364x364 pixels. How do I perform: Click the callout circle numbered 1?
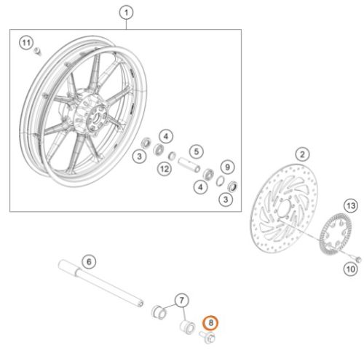[126, 12]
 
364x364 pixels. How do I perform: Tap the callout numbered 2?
[302, 154]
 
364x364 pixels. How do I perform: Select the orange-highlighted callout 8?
[210, 323]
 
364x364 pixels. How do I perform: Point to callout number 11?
[26, 43]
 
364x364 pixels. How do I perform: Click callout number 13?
[351, 206]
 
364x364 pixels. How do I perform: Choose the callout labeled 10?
[351, 269]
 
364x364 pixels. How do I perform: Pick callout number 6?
[89, 261]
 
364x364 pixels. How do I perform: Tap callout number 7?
[181, 301]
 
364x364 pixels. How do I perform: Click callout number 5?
[197, 151]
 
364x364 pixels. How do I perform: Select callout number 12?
[165, 169]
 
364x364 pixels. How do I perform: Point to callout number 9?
[227, 167]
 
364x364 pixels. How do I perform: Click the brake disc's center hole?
[285, 208]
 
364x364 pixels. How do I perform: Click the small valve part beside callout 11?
[38, 52]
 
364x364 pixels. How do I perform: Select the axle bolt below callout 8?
[207, 337]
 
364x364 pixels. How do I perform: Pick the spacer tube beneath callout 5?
[189, 165]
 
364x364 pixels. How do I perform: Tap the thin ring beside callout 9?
[220, 181]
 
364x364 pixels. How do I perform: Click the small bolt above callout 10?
[357, 259]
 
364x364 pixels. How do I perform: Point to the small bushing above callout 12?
[172, 156]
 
